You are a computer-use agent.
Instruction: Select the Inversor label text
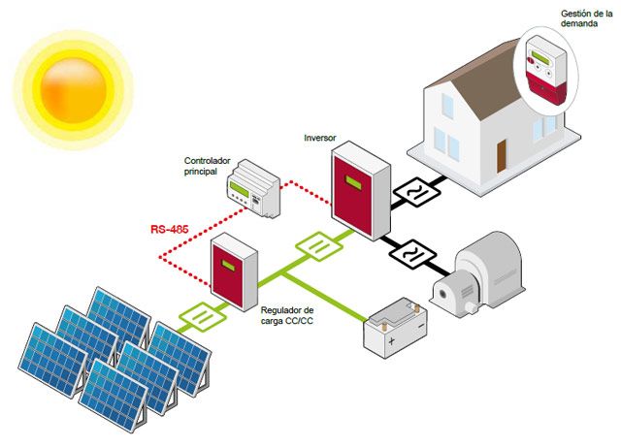(319, 139)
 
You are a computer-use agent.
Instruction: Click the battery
(393, 328)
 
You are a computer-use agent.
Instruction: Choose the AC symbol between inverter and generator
(410, 255)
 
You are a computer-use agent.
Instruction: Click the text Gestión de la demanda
(586, 20)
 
